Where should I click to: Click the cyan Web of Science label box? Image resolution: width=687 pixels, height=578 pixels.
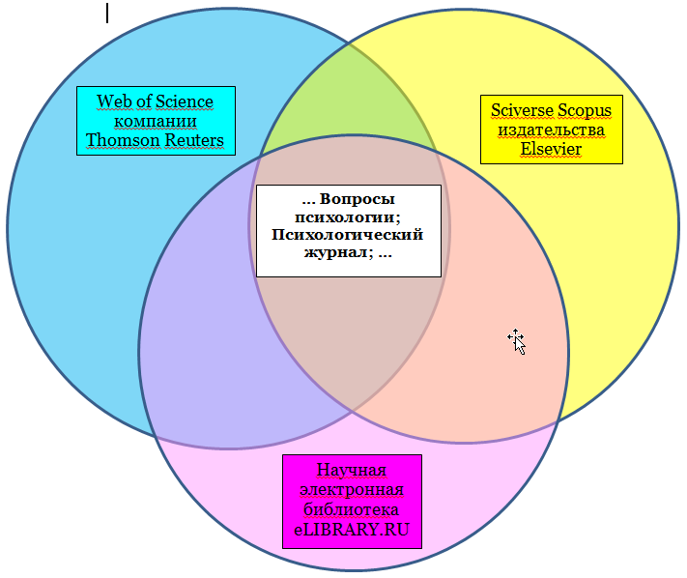pos(156,121)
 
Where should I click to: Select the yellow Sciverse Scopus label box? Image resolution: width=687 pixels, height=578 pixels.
pos(551,130)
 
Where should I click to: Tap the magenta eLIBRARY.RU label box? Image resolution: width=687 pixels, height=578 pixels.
pos(352,501)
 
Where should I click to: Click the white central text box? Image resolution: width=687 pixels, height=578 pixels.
pos(348,231)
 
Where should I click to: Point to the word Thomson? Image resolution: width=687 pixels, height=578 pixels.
pos(121,140)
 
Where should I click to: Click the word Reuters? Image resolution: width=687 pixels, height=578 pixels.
pos(192,140)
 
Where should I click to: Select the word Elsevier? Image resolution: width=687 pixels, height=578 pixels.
pos(551,149)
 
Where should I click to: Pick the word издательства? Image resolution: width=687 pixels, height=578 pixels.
pos(551,130)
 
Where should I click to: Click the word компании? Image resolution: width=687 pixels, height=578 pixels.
pos(156,121)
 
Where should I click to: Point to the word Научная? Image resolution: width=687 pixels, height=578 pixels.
pos(352,471)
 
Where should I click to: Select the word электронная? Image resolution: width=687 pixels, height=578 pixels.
pos(352,491)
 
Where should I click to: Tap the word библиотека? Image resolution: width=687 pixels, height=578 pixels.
pos(352,510)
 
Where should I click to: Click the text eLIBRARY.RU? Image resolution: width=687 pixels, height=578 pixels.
pos(352,530)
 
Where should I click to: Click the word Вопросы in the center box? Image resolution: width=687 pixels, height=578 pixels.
pos(358,199)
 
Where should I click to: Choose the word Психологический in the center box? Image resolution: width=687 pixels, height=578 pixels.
pos(348,234)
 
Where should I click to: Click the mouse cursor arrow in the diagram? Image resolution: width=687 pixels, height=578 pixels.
pos(517,340)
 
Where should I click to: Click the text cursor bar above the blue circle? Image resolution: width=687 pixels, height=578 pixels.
pos(107,13)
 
